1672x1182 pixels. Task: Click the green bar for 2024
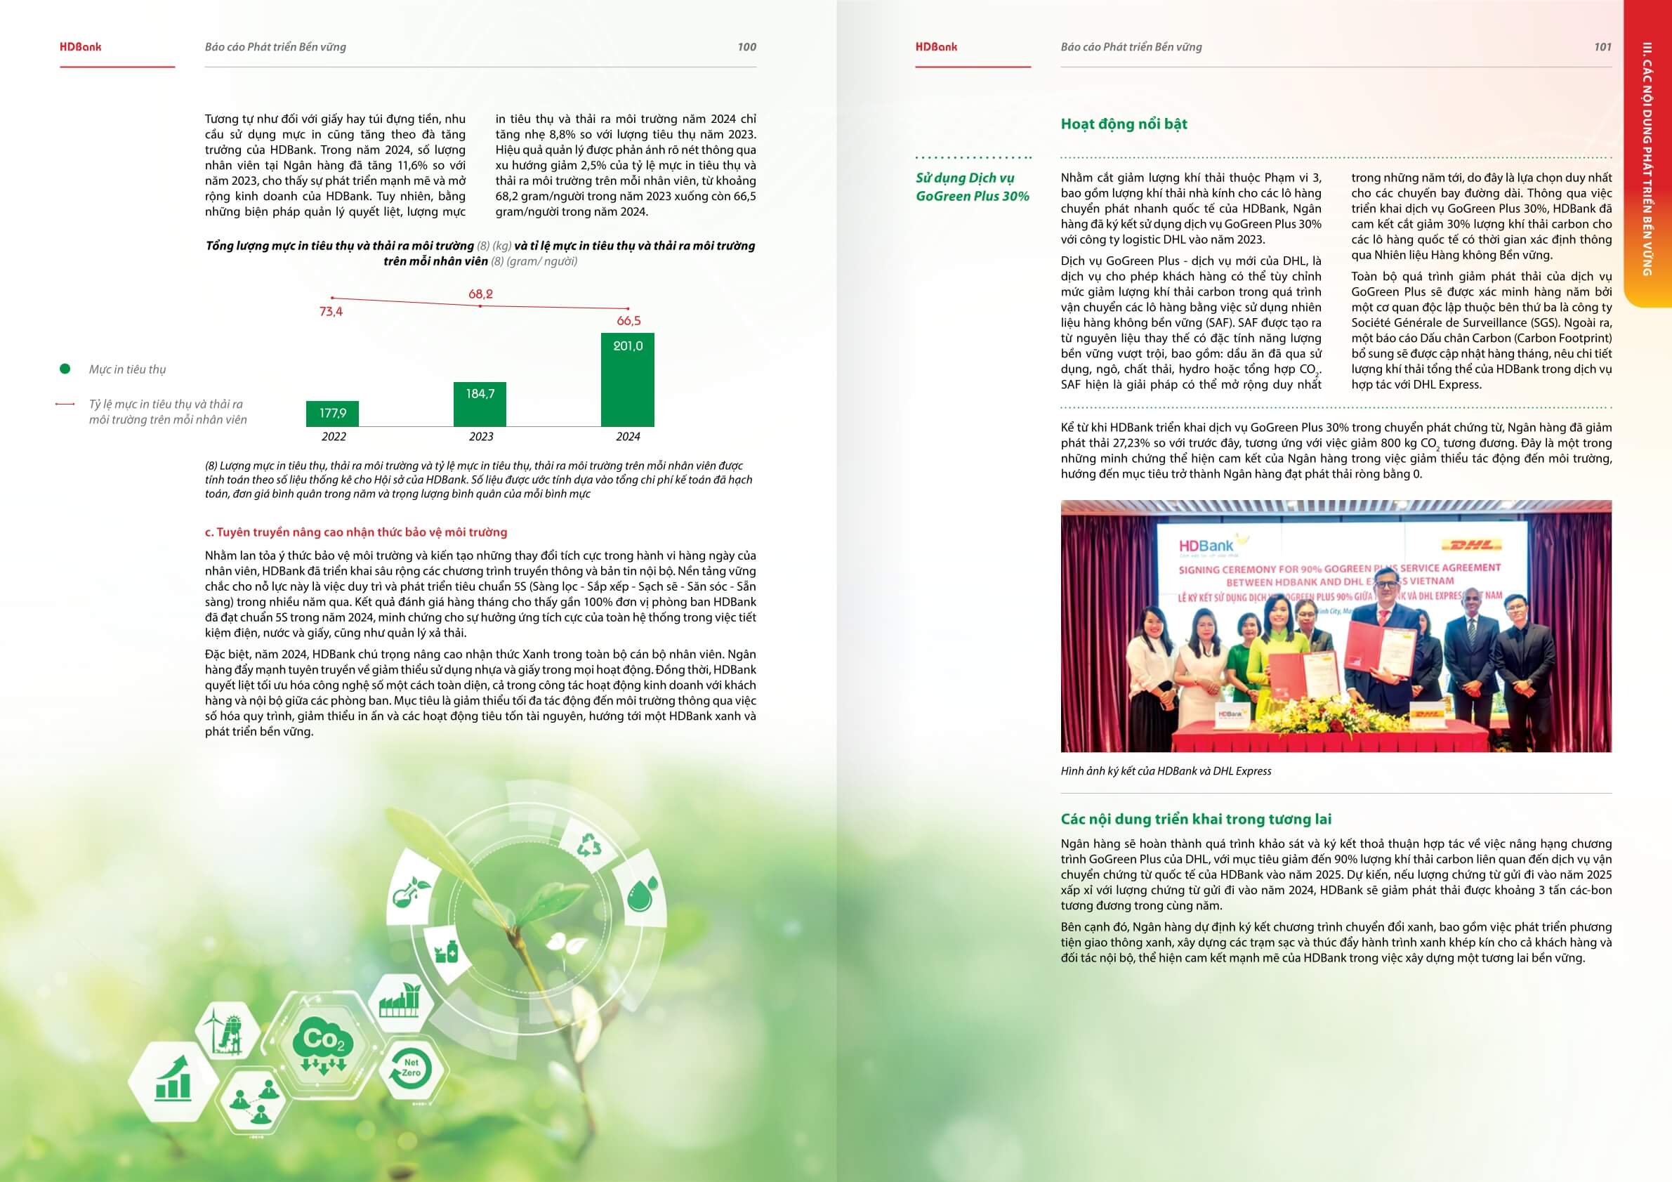pos(627,379)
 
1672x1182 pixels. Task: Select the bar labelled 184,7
pos(480,405)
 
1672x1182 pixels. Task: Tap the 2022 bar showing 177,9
pos(332,414)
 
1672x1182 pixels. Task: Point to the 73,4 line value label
pos(331,312)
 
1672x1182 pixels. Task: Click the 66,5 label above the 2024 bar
pos(628,320)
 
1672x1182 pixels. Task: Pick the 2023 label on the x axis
pos(480,436)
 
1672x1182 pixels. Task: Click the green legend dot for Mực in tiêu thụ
pos(65,369)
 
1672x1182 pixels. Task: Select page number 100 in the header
pos(746,46)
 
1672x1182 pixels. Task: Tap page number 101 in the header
pos(1602,46)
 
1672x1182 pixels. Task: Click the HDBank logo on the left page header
pos(80,46)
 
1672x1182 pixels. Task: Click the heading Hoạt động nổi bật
pos(1124,124)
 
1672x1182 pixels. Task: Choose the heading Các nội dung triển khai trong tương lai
pos(1196,820)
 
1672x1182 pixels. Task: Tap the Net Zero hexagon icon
pos(411,1069)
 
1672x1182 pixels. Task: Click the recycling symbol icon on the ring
pos(589,846)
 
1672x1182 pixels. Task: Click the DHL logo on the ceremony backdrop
pos(1472,545)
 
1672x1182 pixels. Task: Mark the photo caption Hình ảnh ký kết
pos(1166,771)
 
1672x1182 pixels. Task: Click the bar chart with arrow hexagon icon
pos(173,1081)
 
